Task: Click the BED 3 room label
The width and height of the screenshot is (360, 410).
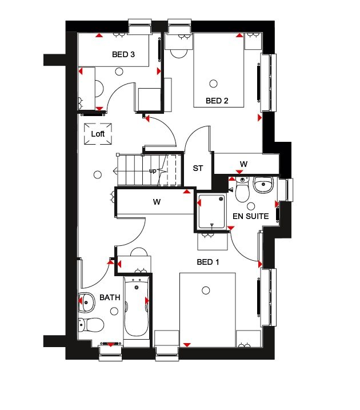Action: tap(123, 55)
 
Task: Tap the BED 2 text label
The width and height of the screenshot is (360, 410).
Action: tap(217, 101)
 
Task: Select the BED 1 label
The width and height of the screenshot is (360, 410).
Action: tap(208, 262)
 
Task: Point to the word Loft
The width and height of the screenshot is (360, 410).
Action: tap(98, 134)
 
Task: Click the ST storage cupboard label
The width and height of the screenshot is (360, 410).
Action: tap(198, 168)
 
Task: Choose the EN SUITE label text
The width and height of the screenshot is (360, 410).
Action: tap(250, 217)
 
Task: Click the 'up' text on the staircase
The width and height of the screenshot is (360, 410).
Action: tap(153, 171)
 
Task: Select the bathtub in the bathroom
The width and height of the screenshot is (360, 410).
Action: tap(136, 306)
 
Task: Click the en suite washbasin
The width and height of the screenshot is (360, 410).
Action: tap(263, 185)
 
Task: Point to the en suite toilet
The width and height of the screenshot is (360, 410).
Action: tap(242, 190)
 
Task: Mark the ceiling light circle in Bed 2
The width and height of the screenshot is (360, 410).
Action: tap(214, 83)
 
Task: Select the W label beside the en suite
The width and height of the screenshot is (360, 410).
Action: tap(243, 164)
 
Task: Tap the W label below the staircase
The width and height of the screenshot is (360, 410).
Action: tap(155, 201)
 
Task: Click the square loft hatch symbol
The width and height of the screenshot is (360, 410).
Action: tap(98, 134)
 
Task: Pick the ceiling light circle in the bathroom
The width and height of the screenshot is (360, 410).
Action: tap(115, 311)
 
